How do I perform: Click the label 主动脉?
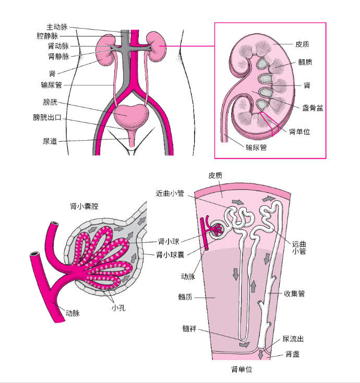[x=57, y=27]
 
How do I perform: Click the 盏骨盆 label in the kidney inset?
[x=312, y=108]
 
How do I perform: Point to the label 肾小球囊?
[x=170, y=255]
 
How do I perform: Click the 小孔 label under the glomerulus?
[x=118, y=308]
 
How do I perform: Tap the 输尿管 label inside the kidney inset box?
[x=256, y=147]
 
